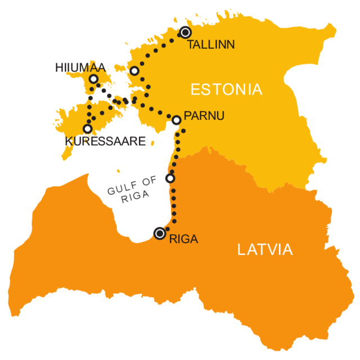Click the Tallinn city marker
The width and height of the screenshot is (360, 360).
click(x=185, y=32)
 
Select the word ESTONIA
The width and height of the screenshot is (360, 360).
click(x=226, y=89)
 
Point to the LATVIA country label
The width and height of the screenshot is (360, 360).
click(x=265, y=250)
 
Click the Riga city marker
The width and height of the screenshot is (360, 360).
click(x=160, y=233)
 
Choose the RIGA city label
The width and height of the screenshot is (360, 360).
click(x=183, y=239)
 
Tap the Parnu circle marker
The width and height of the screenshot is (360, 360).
click(x=177, y=119)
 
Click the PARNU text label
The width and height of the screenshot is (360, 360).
click(x=204, y=116)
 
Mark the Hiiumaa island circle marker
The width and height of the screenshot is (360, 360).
click(x=93, y=79)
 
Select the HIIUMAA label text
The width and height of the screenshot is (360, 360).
click(x=80, y=67)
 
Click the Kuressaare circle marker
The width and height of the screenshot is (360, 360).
click(x=87, y=128)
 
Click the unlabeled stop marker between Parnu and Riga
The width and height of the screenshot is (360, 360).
click(x=170, y=178)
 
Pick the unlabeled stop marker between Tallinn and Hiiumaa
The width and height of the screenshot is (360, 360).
click(x=134, y=71)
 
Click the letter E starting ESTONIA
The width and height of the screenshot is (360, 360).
click(x=195, y=89)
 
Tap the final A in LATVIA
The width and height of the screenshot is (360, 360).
click(x=287, y=250)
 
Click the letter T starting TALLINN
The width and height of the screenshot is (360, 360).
click(x=190, y=45)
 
